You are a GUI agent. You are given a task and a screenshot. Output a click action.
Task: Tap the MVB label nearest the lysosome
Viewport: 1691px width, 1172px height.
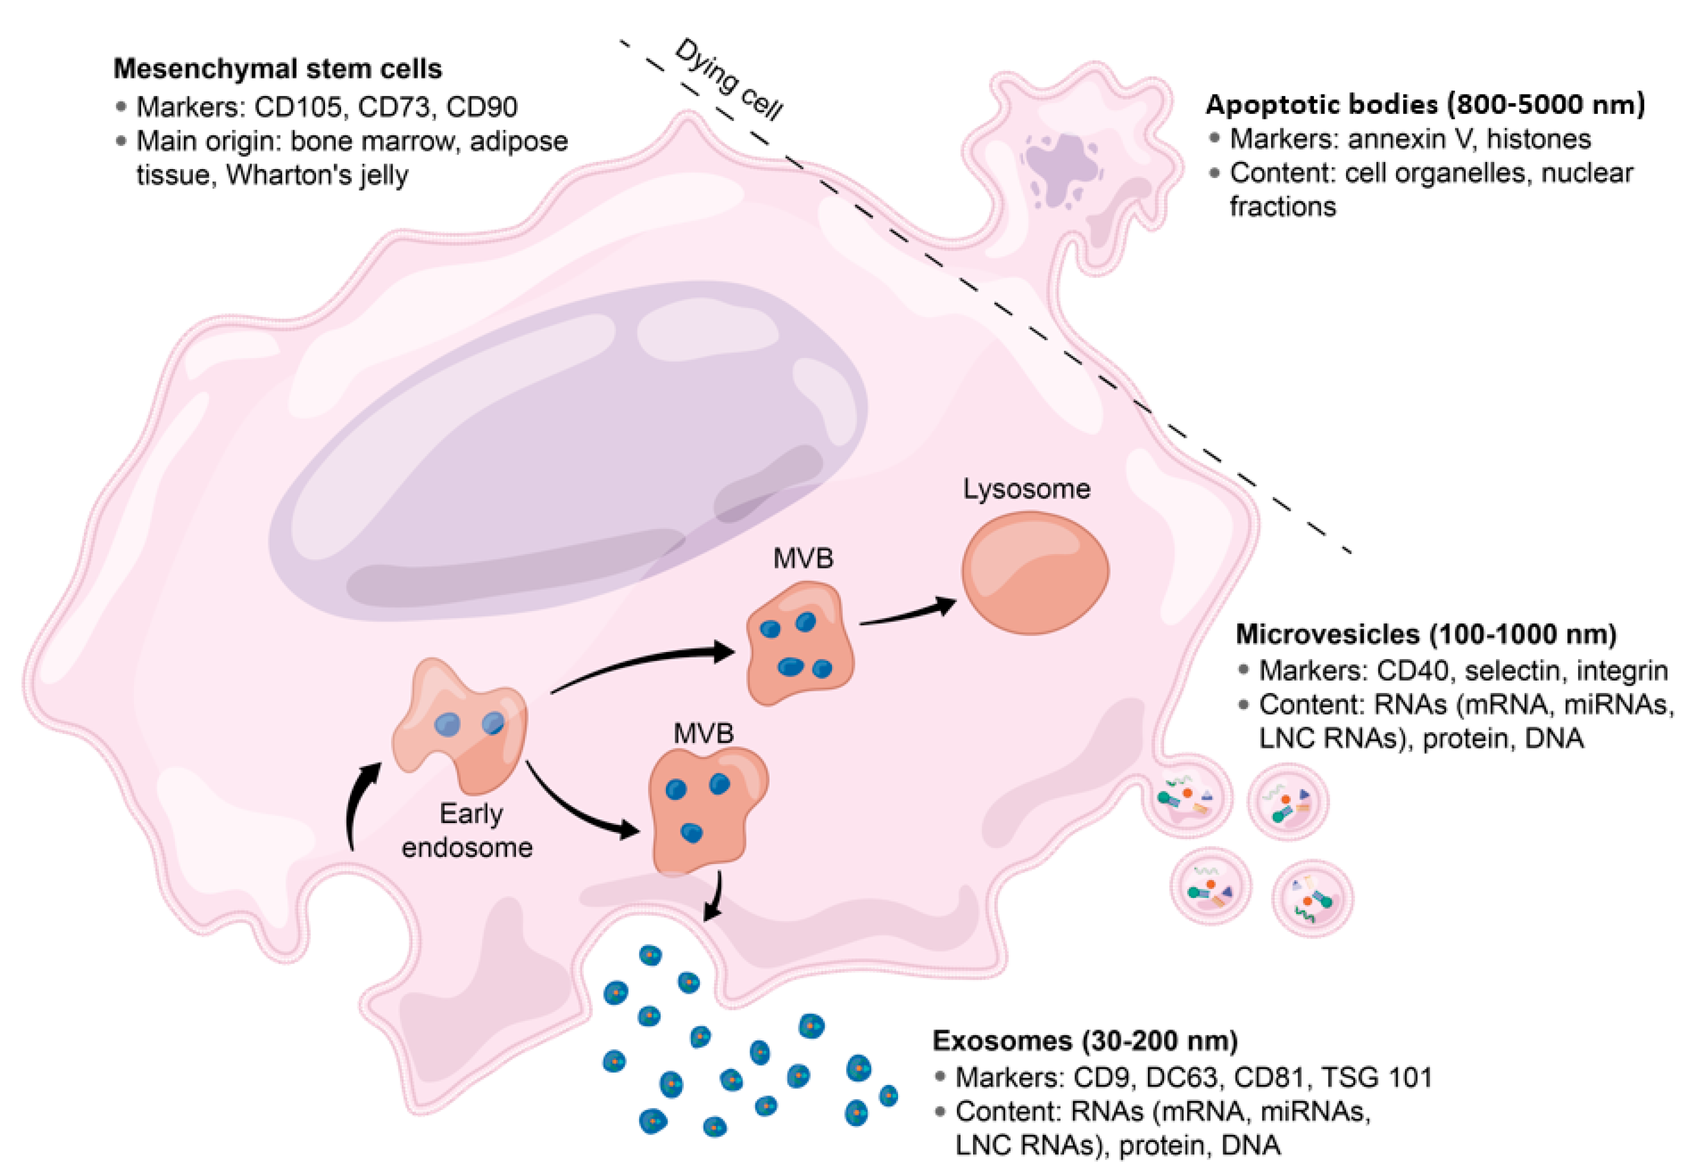(x=803, y=559)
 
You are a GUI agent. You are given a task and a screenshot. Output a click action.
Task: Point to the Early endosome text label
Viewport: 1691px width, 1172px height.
(x=467, y=830)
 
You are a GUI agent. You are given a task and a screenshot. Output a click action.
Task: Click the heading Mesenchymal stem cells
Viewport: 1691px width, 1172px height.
(x=277, y=69)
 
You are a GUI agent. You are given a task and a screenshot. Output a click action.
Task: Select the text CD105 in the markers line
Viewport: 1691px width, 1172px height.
(x=297, y=107)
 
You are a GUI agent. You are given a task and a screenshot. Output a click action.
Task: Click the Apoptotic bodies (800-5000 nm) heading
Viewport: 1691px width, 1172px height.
(x=1424, y=105)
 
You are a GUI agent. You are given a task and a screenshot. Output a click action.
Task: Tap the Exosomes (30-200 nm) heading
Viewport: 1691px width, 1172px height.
(x=1085, y=1040)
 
